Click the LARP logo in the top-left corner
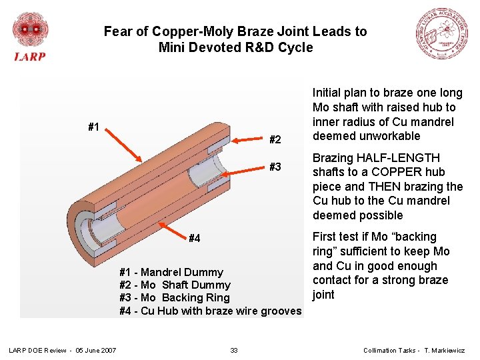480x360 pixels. click(30, 37)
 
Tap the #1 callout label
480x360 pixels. click(94, 127)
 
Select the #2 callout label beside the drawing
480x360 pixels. click(275, 139)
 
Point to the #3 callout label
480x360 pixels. click(275, 167)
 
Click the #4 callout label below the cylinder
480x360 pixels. click(195, 238)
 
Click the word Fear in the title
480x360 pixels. click(117, 31)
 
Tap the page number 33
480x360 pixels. click(234, 350)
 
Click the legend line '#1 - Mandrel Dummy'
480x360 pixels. click(171, 272)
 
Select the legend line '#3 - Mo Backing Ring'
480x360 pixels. click(174, 297)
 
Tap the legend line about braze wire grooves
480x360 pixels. click(210, 311)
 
